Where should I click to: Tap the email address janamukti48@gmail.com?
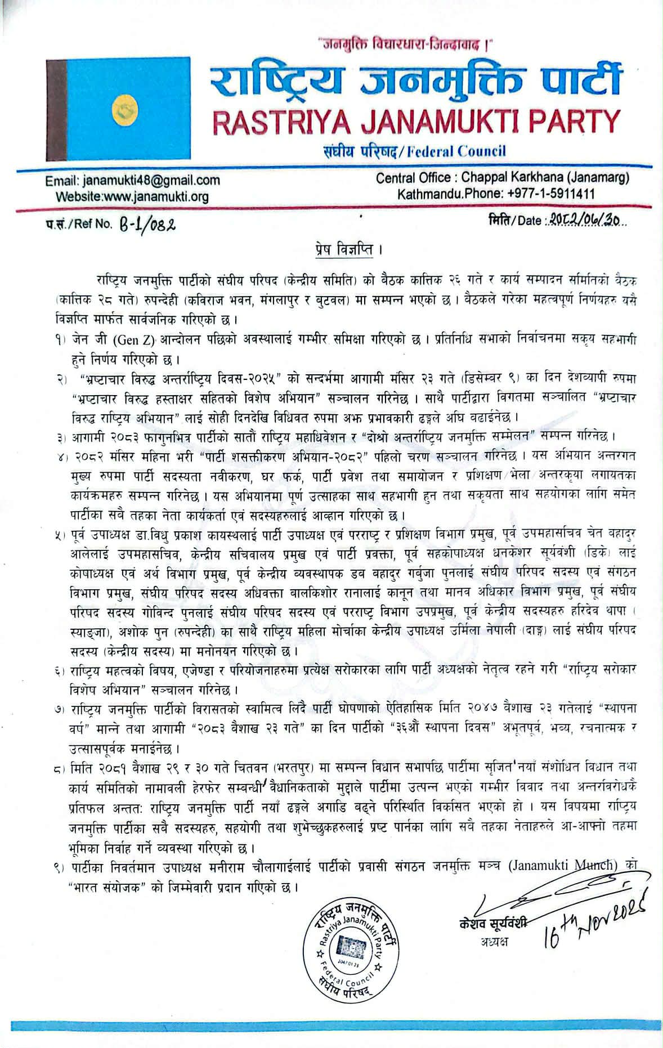(151, 181)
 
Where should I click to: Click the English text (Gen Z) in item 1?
(135, 340)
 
